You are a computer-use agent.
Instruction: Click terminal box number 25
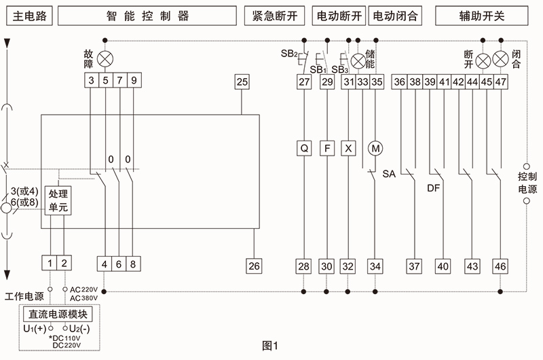(242, 82)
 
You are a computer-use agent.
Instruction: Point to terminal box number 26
(254, 266)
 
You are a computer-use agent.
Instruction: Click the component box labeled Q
(304, 147)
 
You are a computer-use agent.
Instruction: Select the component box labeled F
(327, 147)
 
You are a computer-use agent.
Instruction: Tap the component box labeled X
(350, 147)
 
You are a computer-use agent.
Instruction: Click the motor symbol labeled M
(375, 147)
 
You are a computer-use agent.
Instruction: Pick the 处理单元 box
(58, 201)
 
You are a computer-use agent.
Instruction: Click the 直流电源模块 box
(57, 315)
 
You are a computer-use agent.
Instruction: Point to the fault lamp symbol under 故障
(105, 57)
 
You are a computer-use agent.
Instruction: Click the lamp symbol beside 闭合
(501, 60)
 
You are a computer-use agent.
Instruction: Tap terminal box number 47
(501, 82)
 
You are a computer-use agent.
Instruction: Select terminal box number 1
(51, 264)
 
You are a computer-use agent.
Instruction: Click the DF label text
(434, 187)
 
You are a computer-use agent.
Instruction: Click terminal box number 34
(375, 266)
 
